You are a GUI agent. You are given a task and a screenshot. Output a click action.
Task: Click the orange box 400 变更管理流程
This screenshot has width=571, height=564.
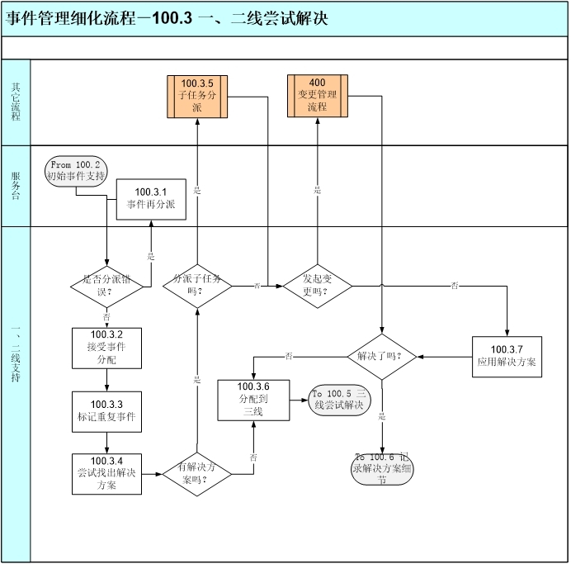[318, 95]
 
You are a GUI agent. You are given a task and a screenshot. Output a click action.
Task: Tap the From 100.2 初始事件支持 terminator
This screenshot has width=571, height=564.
[76, 171]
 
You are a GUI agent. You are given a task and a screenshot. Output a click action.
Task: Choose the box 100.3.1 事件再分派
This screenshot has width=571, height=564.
[151, 199]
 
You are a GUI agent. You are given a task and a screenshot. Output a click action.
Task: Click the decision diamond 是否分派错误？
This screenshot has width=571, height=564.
[106, 286]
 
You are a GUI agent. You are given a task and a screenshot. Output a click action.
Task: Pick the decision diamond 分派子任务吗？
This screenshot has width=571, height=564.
[196, 286]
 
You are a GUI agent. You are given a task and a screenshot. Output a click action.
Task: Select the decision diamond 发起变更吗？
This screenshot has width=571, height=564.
[318, 286]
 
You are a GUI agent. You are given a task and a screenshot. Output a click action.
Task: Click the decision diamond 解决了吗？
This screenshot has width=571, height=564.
[380, 357]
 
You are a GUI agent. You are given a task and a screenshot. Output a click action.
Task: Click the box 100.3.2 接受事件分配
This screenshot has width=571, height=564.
[106, 347]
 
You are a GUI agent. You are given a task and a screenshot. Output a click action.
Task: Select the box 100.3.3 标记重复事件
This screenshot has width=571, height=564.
[106, 410]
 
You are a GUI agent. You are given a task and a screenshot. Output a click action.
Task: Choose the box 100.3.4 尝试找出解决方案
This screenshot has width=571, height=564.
[106, 473]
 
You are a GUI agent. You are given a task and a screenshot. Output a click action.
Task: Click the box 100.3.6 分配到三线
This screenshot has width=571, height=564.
[253, 399]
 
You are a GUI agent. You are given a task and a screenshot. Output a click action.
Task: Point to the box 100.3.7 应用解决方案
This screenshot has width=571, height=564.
[507, 356]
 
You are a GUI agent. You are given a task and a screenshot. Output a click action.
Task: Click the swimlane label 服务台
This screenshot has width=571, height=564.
[16, 186]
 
